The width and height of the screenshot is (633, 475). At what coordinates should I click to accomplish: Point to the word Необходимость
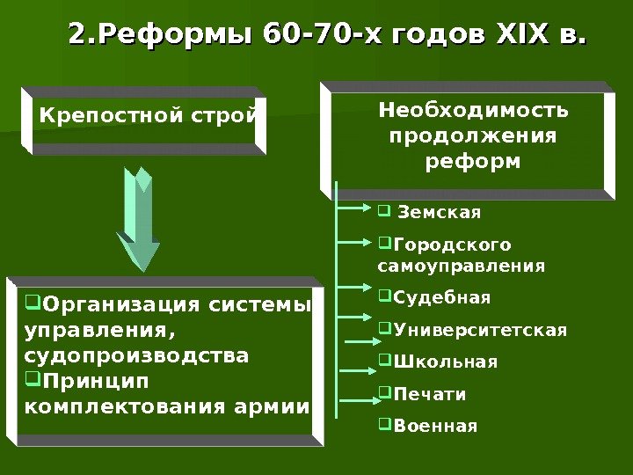point(473,111)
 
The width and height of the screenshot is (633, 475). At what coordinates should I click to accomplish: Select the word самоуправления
point(461,265)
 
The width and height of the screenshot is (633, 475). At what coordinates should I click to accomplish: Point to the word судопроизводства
point(137,357)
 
